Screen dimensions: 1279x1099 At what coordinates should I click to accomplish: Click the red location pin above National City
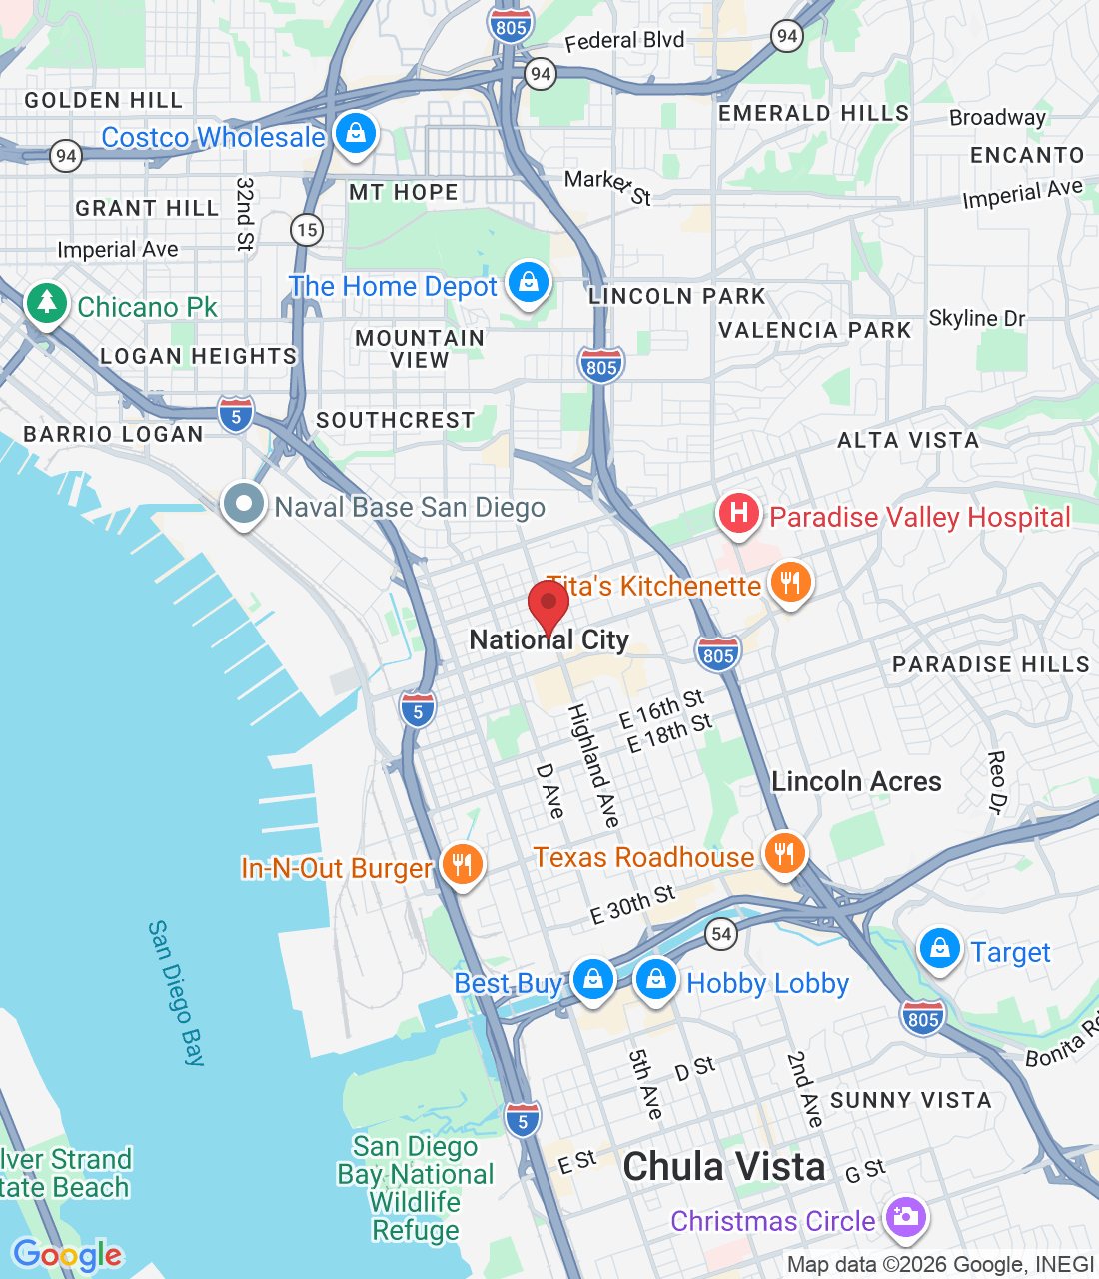549,604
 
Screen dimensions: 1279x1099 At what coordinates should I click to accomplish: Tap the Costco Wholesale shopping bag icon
355,133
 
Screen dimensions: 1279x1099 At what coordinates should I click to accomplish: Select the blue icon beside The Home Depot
529,283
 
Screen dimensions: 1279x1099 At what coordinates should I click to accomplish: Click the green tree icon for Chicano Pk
46,303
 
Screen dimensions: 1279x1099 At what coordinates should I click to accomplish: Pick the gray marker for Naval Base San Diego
243,503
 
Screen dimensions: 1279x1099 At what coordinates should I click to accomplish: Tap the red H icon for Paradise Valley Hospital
739,514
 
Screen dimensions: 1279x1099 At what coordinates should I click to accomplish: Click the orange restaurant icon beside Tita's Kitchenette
790,582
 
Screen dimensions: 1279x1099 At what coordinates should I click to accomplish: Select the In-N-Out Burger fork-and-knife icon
461,864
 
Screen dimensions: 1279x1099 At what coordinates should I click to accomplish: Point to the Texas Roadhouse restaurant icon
785,854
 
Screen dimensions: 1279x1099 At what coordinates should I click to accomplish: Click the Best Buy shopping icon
592,979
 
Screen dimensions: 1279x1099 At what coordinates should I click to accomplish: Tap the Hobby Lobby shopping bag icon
656,979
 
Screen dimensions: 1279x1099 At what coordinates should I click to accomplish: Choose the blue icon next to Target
939,949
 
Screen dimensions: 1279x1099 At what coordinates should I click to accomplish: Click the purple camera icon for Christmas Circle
905,1217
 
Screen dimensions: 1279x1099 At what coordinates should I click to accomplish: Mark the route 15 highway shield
307,230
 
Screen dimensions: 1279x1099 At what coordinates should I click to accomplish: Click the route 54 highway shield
721,934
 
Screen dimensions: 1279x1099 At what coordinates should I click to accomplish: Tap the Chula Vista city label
724,1167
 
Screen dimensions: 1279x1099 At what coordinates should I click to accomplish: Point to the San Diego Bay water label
176,993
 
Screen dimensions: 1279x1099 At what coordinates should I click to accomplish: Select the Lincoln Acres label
856,781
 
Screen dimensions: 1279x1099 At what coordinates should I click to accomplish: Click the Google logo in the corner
68,1254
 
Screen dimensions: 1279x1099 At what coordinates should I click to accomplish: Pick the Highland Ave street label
594,766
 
